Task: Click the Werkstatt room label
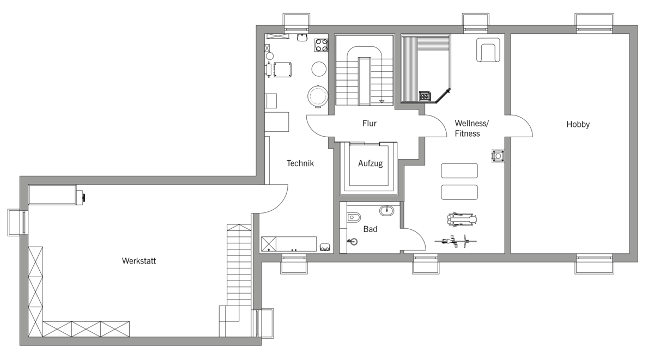click(x=139, y=261)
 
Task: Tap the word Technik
click(x=300, y=163)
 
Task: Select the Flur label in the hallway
click(x=370, y=124)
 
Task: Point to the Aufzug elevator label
click(x=370, y=163)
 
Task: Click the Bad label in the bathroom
click(x=370, y=229)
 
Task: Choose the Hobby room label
click(x=578, y=125)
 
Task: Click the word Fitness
click(x=468, y=133)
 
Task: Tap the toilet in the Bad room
click(x=354, y=217)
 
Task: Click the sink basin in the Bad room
click(x=386, y=210)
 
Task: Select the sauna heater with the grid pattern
click(x=425, y=96)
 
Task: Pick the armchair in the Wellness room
click(x=488, y=50)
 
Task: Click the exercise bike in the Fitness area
click(x=456, y=241)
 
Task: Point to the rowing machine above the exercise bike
click(x=462, y=219)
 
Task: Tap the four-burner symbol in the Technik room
click(x=321, y=45)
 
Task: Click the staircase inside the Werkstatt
click(x=239, y=265)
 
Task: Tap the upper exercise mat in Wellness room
click(x=459, y=170)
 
